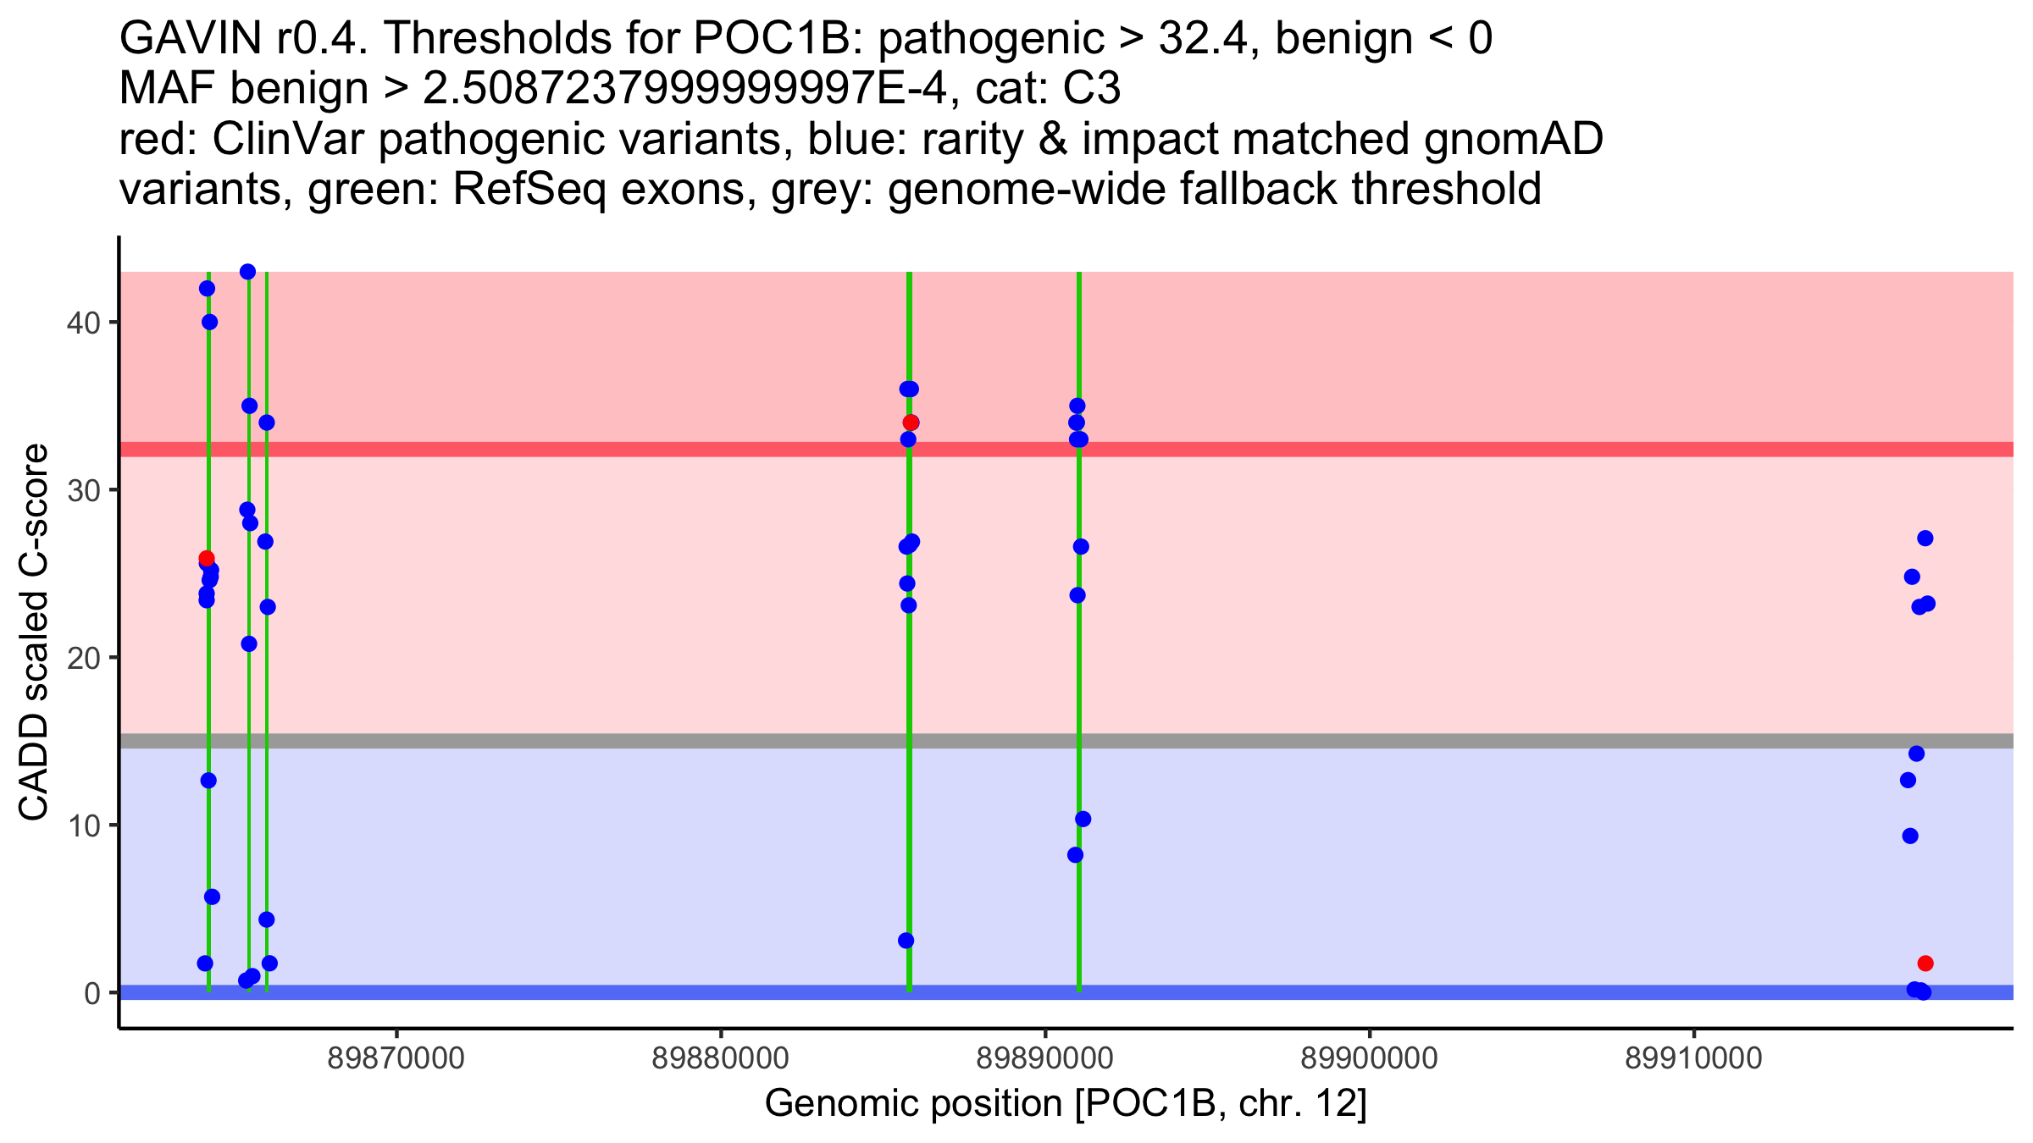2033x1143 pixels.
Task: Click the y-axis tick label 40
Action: point(83,323)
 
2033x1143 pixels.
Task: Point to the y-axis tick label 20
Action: point(83,658)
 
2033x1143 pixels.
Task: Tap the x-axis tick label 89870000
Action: point(396,1058)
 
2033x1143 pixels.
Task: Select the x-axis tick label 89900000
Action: point(1369,1058)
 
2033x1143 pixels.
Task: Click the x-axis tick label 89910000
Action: point(1693,1058)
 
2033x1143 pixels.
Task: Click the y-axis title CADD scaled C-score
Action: point(34,634)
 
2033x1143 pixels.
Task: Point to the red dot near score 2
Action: point(1925,964)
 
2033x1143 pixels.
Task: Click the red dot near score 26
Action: point(207,558)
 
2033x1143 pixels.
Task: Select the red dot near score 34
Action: point(911,422)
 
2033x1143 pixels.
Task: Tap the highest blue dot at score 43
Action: point(248,272)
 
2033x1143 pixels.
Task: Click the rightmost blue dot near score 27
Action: point(1925,538)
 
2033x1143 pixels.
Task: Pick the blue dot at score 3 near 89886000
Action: point(906,941)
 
